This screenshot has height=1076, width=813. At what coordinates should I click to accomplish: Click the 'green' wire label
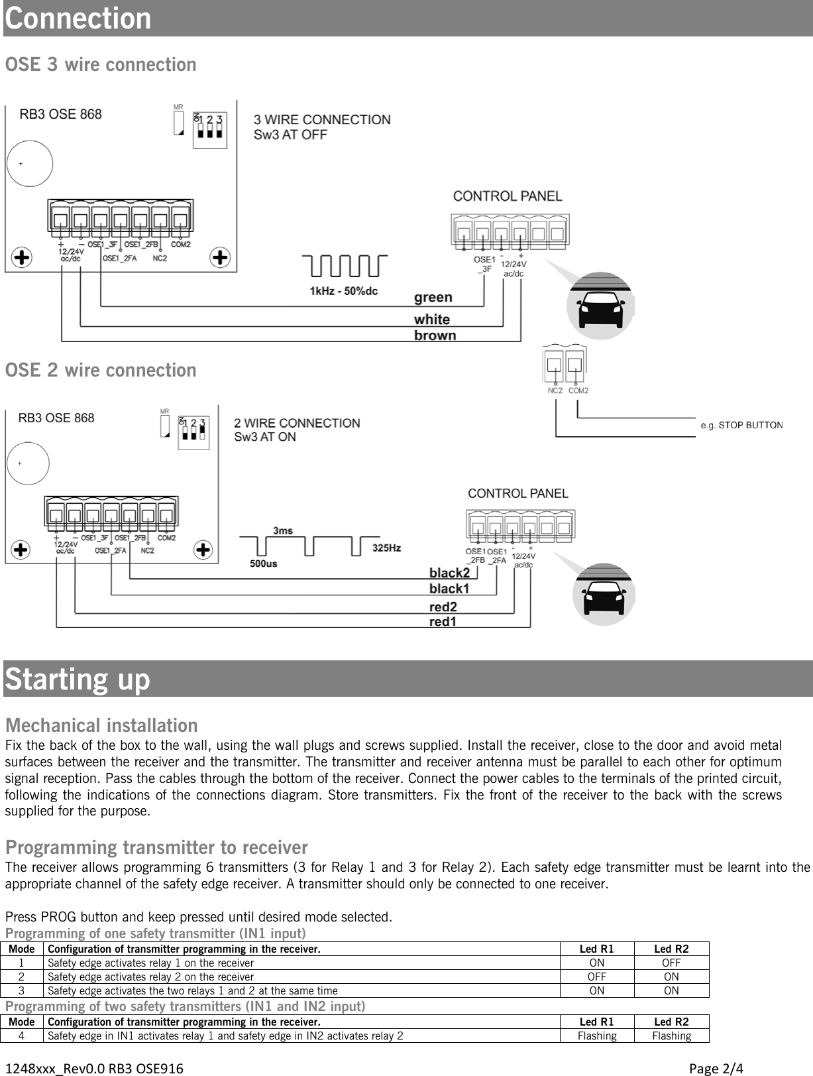pos(433,298)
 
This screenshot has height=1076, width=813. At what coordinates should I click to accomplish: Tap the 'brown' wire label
pos(435,335)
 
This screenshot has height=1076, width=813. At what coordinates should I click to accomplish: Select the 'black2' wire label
pos(449,573)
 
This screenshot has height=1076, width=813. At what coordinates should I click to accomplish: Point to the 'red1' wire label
pos(443,622)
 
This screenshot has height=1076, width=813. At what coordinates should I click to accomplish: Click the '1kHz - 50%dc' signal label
pos(343,291)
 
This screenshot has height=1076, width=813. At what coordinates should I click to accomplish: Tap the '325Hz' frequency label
pos(386,548)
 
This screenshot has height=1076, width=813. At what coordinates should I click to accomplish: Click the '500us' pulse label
pos(263,564)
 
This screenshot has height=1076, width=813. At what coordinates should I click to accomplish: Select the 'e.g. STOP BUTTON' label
pos(741,425)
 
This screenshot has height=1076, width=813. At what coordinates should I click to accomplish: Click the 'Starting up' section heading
pos(78,680)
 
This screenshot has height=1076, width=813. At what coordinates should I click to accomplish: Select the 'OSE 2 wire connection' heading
pos(101,370)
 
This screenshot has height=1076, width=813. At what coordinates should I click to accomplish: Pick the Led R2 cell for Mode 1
pos(671,963)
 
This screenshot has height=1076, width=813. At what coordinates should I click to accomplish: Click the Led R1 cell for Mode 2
pos(596,977)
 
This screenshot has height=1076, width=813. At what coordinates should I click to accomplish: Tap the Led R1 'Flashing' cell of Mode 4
pos(596,1036)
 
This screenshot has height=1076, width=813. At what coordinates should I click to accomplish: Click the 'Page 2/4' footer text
pos(716,1068)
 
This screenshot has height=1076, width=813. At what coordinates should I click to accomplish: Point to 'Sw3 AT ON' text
pos(264,437)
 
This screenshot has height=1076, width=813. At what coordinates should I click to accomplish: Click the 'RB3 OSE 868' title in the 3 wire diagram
pos(60,114)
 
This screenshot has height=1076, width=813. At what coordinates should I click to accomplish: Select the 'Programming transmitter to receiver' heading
pos(156,847)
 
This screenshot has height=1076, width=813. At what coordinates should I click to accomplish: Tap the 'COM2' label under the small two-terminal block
pos(578,390)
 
